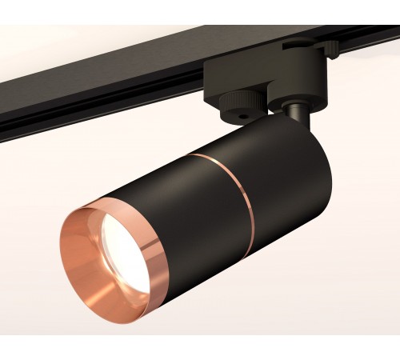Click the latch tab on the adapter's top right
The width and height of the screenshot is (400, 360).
[330, 50]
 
